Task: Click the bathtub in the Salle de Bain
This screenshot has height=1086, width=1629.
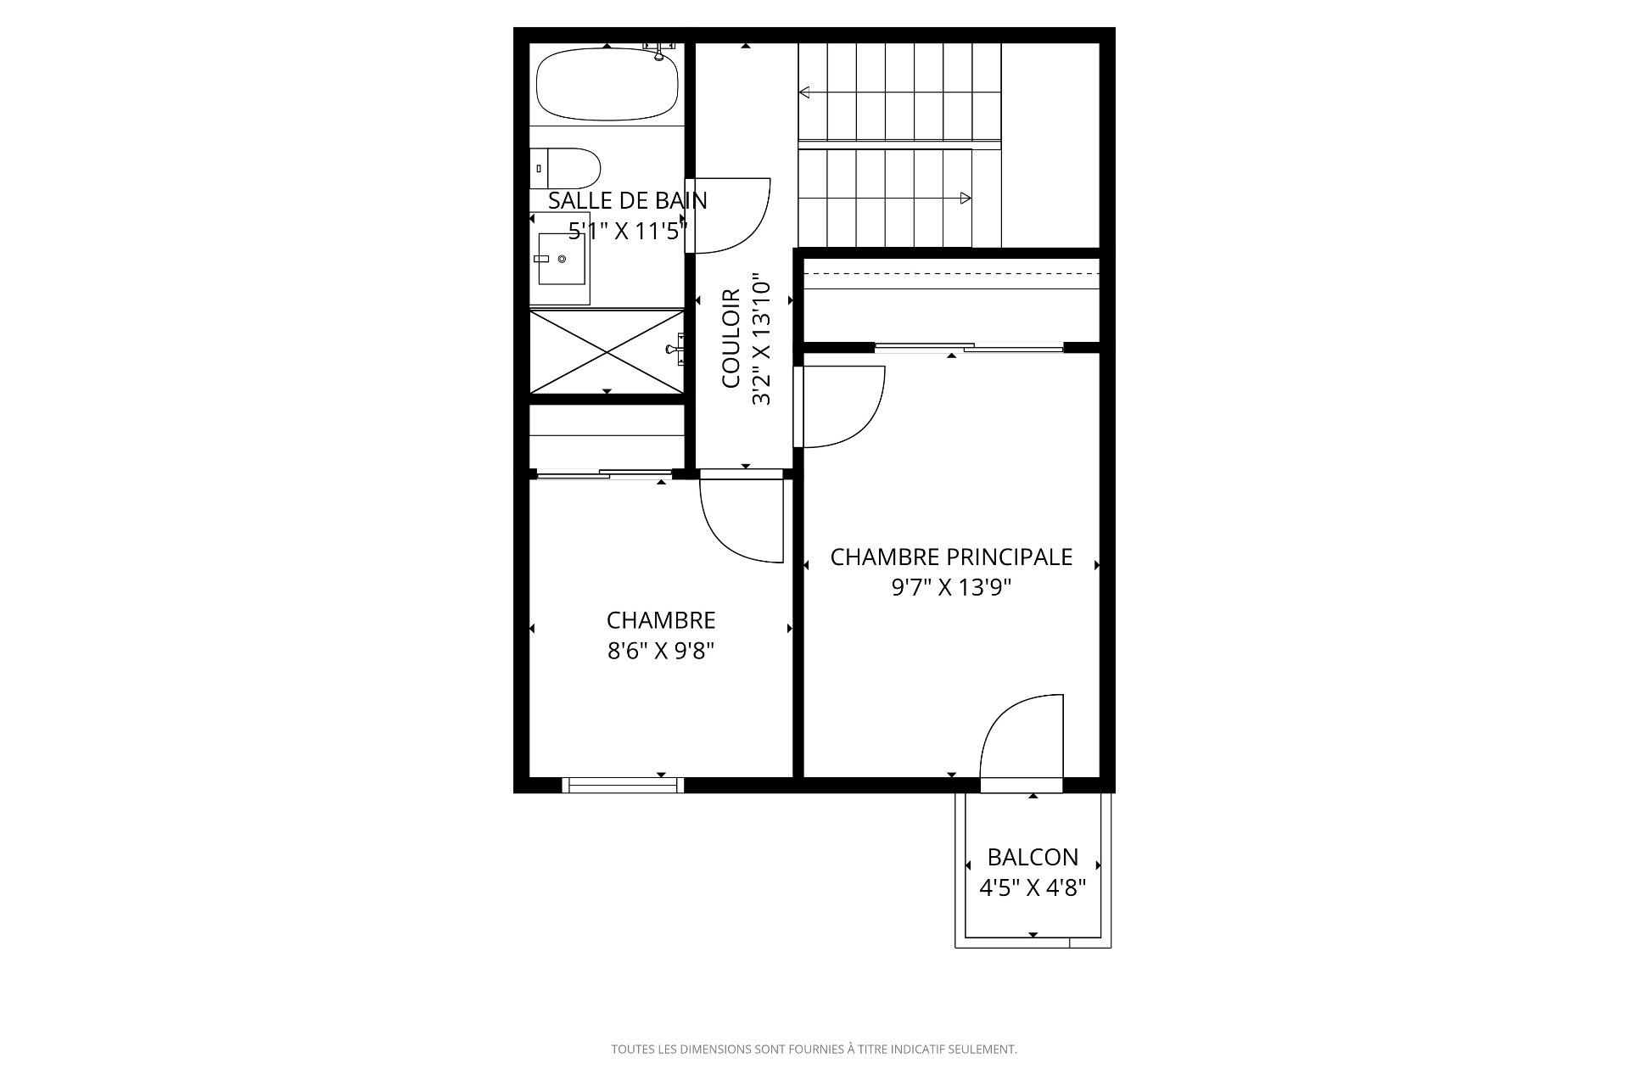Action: click(x=607, y=84)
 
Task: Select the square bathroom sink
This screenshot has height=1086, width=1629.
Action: click(x=563, y=258)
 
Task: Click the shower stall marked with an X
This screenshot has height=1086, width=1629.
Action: click(x=607, y=350)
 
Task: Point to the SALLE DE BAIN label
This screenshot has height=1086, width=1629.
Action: click(x=627, y=201)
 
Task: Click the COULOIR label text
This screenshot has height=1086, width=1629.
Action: click(x=731, y=339)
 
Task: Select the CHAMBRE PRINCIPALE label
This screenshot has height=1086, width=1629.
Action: click(x=951, y=557)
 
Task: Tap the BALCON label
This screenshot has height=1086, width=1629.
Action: click(x=1033, y=857)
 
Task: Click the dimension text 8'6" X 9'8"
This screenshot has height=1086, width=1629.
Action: click(x=661, y=651)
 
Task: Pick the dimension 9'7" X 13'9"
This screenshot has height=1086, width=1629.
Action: click(x=951, y=588)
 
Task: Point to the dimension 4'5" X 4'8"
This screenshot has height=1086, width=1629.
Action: click(x=1033, y=888)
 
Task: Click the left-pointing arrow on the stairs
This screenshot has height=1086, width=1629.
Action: click(x=804, y=92)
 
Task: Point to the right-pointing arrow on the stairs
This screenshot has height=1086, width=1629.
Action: click(x=965, y=199)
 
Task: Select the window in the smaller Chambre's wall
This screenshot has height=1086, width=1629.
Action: click(x=623, y=786)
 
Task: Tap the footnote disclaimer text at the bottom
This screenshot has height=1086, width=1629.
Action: click(x=814, y=1050)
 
